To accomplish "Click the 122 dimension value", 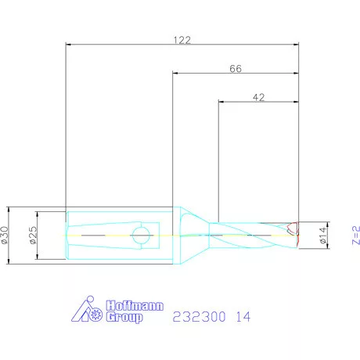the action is [x=182, y=40].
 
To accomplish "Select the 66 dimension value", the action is [x=236, y=69].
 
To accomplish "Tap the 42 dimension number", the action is [x=258, y=97].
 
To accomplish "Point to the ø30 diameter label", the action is [x=5, y=235].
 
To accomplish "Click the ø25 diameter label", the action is [x=34, y=235].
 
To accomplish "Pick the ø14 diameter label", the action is [x=323, y=236].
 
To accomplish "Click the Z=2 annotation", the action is [x=356, y=236].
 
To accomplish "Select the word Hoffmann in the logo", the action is [x=135, y=305].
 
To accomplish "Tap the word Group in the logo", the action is [x=124, y=317].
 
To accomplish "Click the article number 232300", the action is [x=199, y=317].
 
